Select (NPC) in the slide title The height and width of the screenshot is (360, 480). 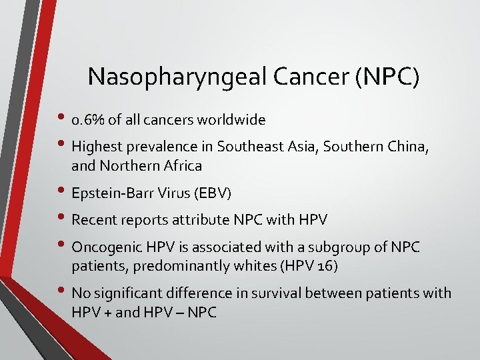pyautogui.click(x=387, y=77)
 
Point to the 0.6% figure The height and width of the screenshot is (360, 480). pyautogui.click(x=89, y=121)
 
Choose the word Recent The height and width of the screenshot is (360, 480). pyautogui.click(x=93, y=219)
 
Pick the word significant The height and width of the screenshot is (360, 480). pyautogui.click(x=131, y=293)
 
